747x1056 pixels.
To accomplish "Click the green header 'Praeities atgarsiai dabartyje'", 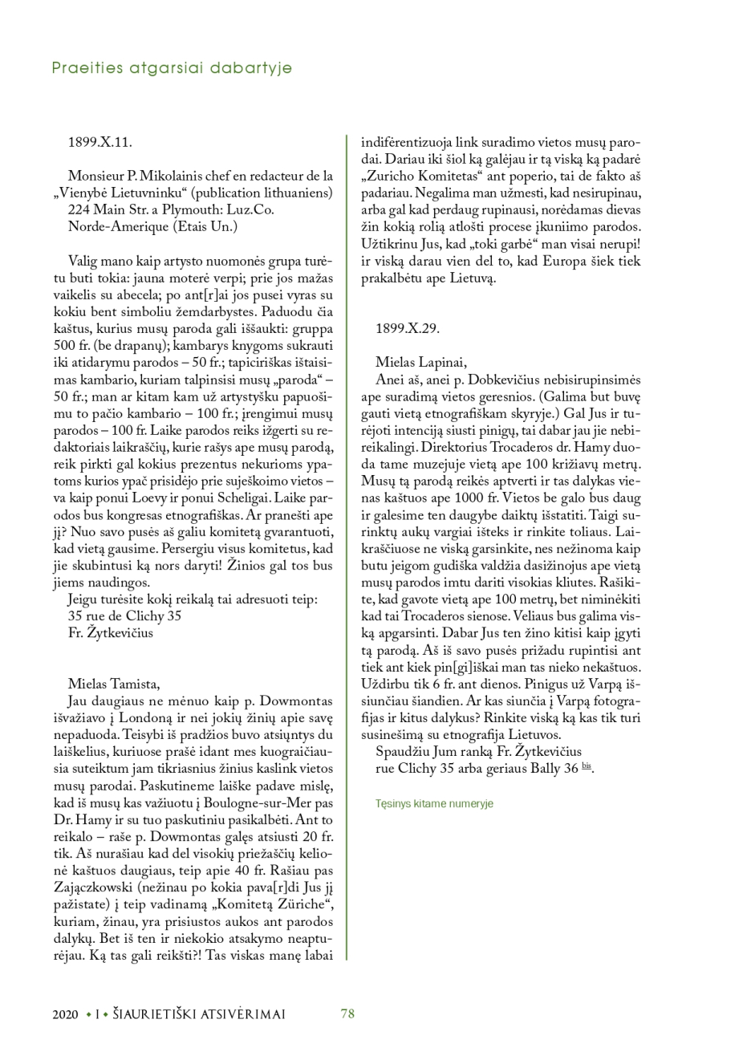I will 172,68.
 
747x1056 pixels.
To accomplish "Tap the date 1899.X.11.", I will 99,142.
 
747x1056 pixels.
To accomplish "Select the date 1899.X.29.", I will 407,328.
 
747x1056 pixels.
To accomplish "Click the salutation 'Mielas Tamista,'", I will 114,684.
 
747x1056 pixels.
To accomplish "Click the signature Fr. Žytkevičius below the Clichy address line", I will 111,632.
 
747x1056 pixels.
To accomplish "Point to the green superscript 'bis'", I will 587,766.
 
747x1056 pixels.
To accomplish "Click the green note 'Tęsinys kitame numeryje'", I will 433,802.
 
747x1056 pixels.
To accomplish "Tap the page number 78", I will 347,1013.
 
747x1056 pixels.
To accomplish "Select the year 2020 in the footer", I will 65,1014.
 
